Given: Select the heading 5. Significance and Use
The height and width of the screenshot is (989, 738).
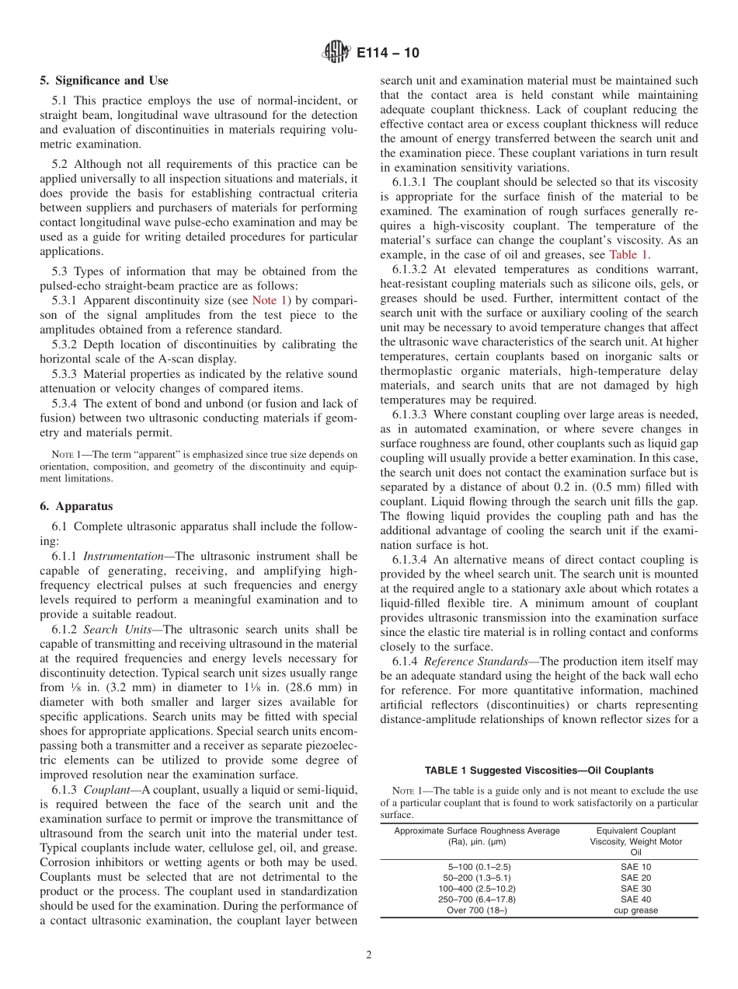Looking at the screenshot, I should click(x=104, y=80).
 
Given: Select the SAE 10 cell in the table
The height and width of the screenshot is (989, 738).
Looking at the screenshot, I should click(x=635, y=866).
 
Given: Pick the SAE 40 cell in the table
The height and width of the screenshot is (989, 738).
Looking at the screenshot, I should click(x=635, y=899).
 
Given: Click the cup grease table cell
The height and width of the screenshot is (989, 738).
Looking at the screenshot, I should click(x=635, y=910).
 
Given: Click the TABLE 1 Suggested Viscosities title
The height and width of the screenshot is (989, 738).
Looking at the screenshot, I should click(x=538, y=771).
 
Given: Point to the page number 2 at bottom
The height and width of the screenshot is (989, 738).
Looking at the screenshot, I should click(x=369, y=956).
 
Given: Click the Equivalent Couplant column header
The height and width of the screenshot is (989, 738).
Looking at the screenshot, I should click(x=635, y=830).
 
